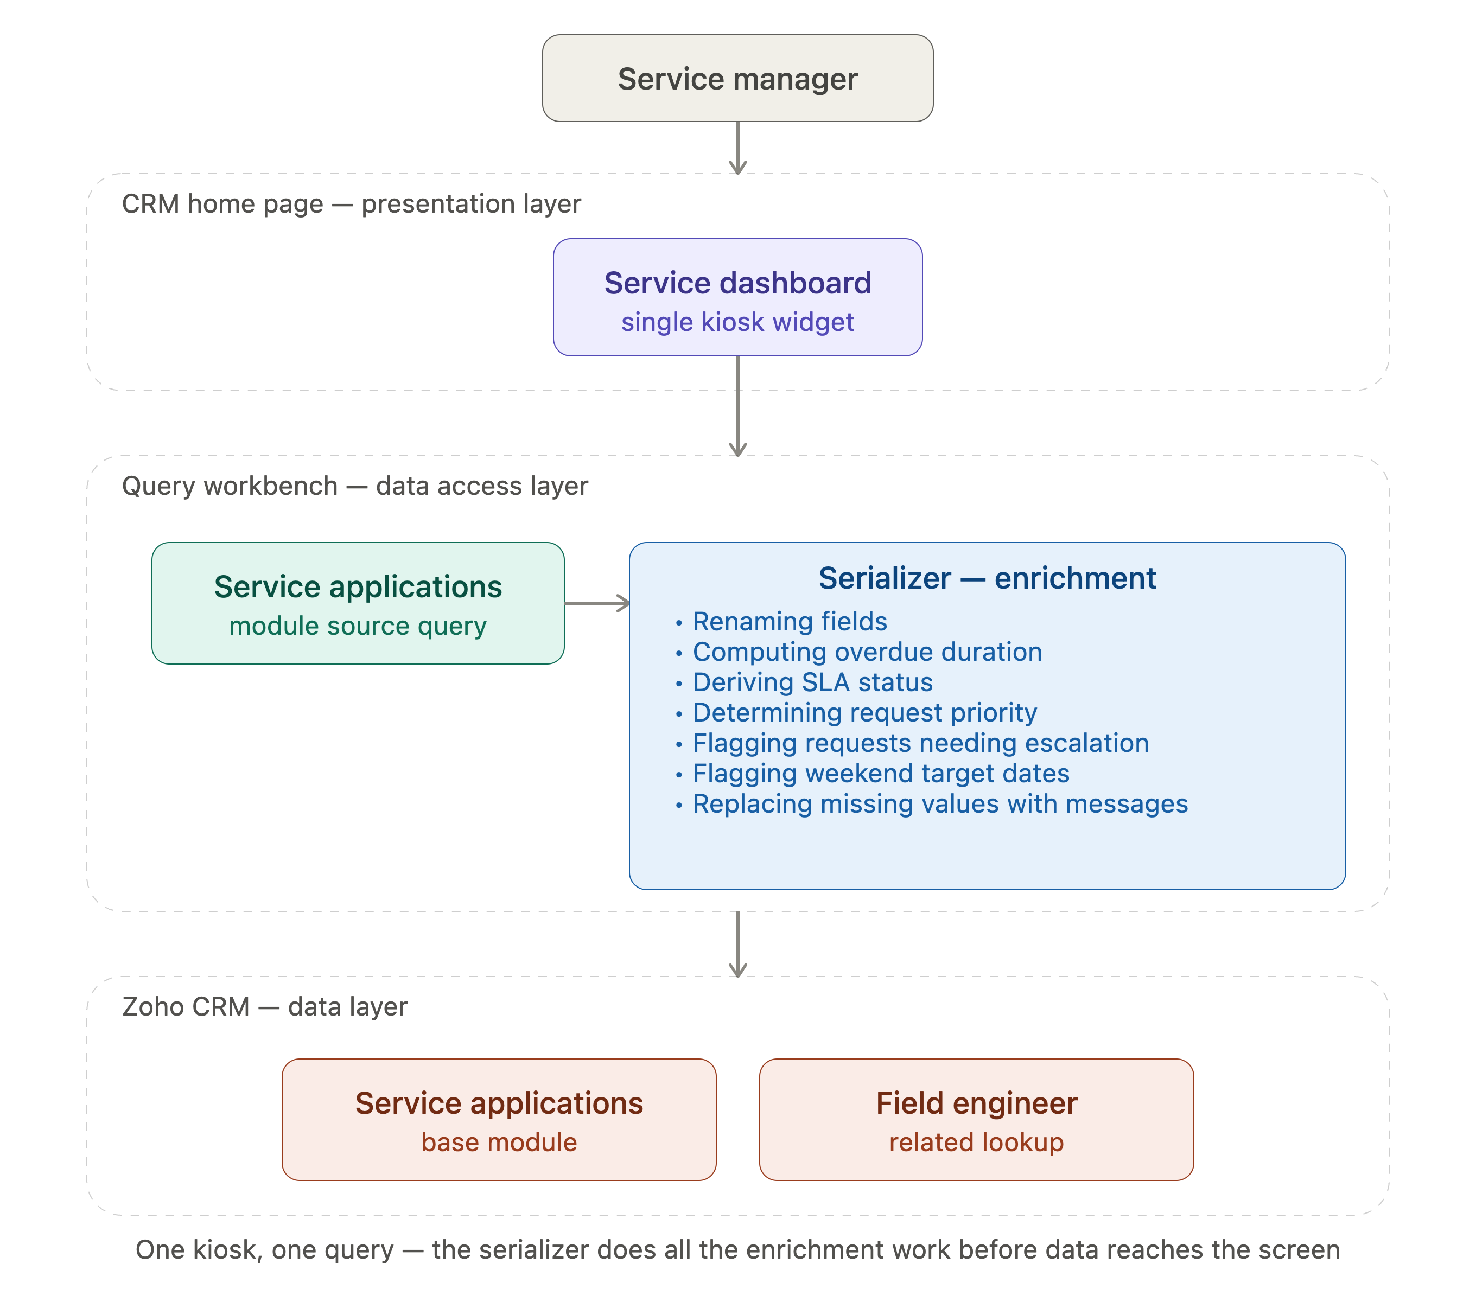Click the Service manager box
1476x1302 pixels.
tap(737, 78)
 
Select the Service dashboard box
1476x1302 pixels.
tap(737, 297)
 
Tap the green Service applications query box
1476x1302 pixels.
tap(358, 603)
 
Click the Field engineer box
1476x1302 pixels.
tap(976, 1119)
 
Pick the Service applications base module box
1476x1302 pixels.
tap(499, 1119)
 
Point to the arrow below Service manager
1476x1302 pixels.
tap(737, 148)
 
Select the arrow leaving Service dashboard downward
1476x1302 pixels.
tap(737, 406)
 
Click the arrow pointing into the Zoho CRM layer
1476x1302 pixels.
tap(737, 944)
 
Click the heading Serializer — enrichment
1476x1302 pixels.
tap(987, 578)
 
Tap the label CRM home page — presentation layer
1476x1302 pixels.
tap(351, 204)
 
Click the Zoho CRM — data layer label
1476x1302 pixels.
tap(264, 1007)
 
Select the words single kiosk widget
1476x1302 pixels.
tap(737, 322)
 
